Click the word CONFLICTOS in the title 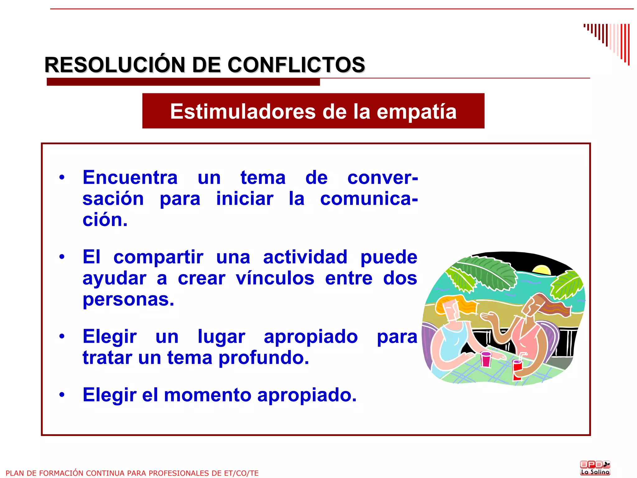[296, 65]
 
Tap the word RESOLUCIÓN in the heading [115, 65]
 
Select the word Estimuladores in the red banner [243, 111]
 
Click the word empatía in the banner [416, 111]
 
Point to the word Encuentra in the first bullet [130, 178]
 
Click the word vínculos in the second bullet [275, 278]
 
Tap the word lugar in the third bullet [221, 337]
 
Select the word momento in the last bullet [207, 395]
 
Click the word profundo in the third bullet [264, 358]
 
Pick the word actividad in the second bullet [305, 257]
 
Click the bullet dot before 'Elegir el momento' [62, 395]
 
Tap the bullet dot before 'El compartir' [62, 257]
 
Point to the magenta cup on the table [486, 359]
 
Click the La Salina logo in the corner [595, 468]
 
